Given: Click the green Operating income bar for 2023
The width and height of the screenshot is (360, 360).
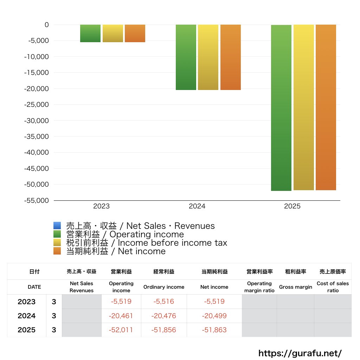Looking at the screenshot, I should coord(90,33).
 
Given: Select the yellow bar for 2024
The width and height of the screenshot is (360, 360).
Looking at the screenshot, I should coord(208,57).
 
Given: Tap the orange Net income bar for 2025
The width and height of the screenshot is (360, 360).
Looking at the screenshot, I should coord(326,107).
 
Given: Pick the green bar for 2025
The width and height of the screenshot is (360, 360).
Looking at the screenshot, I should coord(281,108).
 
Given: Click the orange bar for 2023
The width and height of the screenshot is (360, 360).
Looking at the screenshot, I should coord(135,33).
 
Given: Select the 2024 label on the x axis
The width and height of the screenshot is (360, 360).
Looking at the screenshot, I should coord(197,206).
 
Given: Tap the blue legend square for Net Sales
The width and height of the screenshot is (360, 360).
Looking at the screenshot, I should coord(57,226).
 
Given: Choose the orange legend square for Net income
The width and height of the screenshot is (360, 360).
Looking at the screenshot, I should coord(57,251).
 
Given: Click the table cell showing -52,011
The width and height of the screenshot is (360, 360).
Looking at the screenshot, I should coord(121,330).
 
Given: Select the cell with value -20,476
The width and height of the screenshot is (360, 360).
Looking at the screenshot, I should coord(163,316).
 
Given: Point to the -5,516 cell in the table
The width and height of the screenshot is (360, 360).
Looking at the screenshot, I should coord(163,302).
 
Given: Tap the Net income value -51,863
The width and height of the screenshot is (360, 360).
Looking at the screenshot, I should coord(214,330).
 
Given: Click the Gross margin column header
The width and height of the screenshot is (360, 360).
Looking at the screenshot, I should coord(295,287).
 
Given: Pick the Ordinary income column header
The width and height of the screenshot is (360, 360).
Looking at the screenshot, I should coord(163,287).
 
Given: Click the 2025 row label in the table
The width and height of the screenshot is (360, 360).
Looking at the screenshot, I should coord(27,330).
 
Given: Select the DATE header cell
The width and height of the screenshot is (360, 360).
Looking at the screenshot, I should coord(34,287).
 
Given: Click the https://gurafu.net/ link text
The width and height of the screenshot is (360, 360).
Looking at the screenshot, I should coord(300,353).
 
